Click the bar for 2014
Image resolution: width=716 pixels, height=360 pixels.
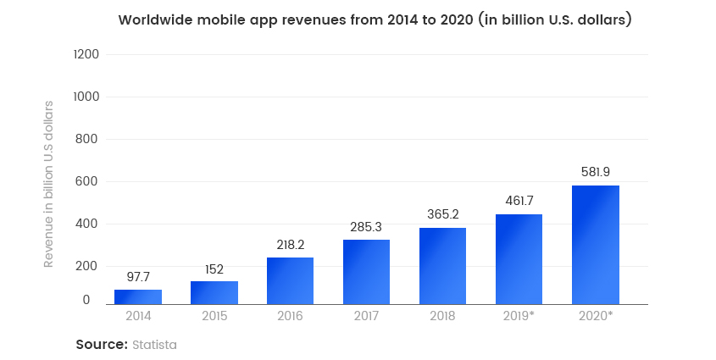click(x=138, y=296)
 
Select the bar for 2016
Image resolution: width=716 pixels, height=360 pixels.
click(x=290, y=280)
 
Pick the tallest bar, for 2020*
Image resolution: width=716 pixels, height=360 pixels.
click(x=595, y=245)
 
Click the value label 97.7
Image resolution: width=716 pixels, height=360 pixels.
click(x=138, y=277)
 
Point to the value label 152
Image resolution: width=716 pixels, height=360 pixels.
click(x=214, y=269)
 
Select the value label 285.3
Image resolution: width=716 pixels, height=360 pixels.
click(x=366, y=227)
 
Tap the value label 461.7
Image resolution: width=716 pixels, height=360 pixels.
click(x=519, y=202)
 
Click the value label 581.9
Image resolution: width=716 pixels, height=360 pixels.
click(x=595, y=172)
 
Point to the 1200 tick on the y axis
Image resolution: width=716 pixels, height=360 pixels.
click(x=87, y=55)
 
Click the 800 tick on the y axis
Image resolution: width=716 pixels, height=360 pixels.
click(x=89, y=139)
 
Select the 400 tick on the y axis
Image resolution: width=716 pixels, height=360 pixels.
click(x=89, y=224)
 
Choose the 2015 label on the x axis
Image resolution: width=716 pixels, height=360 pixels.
click(x=214, y=316)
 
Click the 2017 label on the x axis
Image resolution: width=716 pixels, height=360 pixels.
click(x=366, y=316)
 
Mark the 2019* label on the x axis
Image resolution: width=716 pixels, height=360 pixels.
click(x=519, y=316)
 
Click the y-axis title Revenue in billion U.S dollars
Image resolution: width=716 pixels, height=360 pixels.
click(x=49, y=184)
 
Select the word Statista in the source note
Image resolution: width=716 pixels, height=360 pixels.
click(x=154, y=345)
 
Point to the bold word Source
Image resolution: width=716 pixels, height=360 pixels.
click(x=101, y=345)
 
